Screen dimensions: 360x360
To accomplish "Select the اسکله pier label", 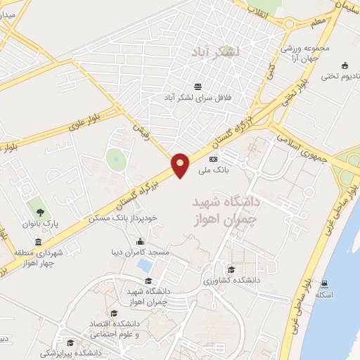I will click(x=324, y=295).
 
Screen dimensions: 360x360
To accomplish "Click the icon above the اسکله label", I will click(x=324, y=284).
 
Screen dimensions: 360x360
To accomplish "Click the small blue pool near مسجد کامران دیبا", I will click(x=145, y=265).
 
